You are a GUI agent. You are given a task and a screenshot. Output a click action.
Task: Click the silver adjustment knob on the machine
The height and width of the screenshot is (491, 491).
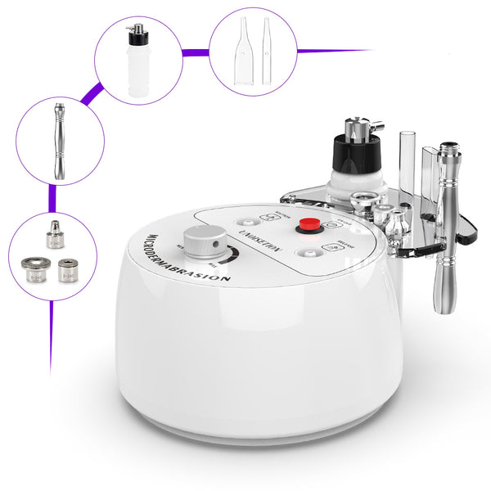coord(205,241)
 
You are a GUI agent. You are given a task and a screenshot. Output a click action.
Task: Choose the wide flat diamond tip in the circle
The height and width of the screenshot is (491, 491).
coord(35,269)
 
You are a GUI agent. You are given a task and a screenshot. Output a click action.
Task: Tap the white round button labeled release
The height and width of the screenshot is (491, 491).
coord(307,253)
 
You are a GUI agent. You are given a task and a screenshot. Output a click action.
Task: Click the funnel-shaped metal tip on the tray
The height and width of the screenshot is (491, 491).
coord(363,201)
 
